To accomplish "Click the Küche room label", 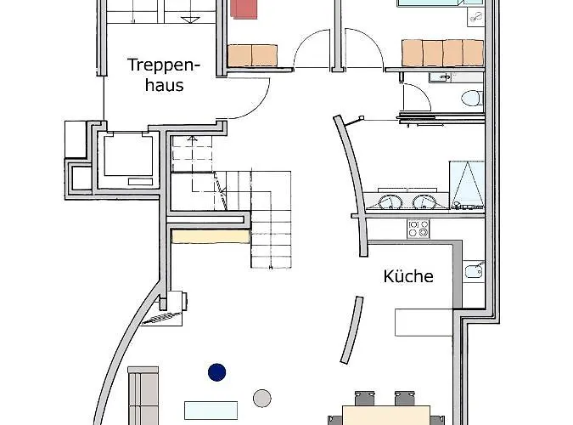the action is coord(408,276).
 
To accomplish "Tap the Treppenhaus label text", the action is coord(164,75).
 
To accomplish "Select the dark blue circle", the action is coord(216,372).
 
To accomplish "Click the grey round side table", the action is coord(262,399).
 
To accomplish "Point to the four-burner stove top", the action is coord(419,229).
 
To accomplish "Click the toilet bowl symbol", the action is coord(471,99).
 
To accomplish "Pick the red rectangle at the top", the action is coord(244,8).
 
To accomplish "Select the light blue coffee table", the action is coord(211,411).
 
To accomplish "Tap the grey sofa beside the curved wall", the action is coord(143,396).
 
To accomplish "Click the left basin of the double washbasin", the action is coord(390,202).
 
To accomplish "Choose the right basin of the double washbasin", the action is coord(424,202).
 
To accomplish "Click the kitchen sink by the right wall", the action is coord(474,271).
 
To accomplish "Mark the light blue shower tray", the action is coord(467,184).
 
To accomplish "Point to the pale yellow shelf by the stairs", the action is coord(211,236).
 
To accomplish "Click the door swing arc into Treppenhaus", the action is coord(249,98).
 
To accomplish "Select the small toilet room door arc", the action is coord(417,97).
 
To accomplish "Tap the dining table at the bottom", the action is coord(386,415).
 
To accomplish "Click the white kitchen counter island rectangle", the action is coord(424,322).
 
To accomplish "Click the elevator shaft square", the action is coord(128,156).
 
